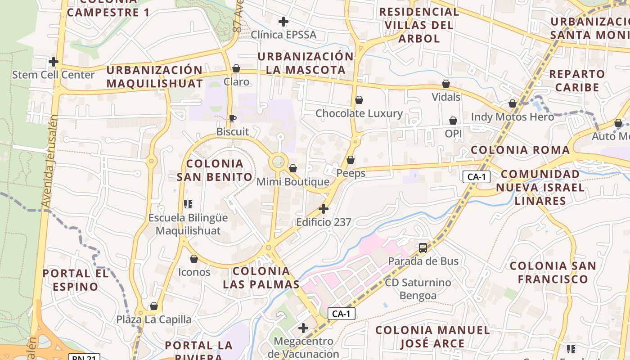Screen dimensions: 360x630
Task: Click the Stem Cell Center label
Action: [53, 75]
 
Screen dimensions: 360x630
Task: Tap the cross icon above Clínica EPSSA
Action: [283, 21]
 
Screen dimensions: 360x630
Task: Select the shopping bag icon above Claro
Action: [236, 68]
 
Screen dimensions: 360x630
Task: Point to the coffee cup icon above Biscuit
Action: [232, 118]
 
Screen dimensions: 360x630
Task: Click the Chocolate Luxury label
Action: [359, 113]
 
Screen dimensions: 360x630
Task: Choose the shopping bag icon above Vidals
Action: [445, 84]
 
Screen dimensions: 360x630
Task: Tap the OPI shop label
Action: [453, 134]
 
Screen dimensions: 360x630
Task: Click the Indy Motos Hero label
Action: [512, 117]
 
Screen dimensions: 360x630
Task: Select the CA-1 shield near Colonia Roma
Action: [477, 177]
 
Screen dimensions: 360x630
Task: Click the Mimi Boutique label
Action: [292, 182]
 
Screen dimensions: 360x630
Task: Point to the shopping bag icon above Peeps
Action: [351, 160]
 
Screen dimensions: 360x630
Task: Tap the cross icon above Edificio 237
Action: [323, 209]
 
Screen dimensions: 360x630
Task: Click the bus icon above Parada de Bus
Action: [423, 247]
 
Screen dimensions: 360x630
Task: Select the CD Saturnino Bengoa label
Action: [418, 289]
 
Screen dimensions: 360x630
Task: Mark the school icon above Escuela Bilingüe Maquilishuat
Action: [188, 204]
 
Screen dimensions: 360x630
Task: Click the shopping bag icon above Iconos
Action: [194, 259]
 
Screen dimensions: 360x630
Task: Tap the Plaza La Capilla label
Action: [154, 319]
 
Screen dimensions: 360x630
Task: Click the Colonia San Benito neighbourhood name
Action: [215, 170]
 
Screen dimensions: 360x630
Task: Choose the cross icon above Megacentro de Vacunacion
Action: [303, 328]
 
